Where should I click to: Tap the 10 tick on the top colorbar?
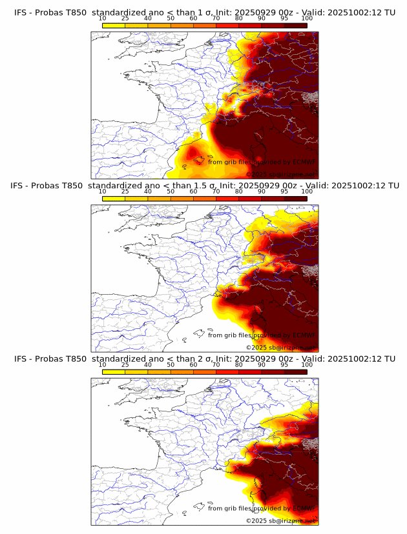(x=103, y=18)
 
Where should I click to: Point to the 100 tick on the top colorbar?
(x=307, y=18)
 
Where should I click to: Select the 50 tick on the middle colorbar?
(x=171, y=192)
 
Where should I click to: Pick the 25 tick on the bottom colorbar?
(x=125, y=364)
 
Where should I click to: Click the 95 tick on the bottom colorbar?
(x=284, y=364)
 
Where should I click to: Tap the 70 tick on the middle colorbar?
(x=216, y=192)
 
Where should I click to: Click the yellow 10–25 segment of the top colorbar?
(x=114, y=25)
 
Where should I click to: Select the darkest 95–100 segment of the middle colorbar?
(x=295, y=198)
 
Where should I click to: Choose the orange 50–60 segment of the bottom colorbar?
(x=182, y=371)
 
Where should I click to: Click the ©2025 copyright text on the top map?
(x=280, y=174)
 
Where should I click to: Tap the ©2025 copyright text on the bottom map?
(x=280, y=520)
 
